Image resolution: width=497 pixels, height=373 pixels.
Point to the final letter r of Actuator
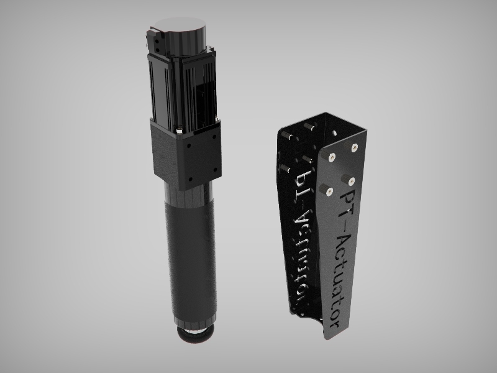click(334, 323)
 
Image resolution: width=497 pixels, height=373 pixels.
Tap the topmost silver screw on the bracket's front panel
click(354, 147)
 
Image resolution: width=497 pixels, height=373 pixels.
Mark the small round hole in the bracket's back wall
click(339, 132)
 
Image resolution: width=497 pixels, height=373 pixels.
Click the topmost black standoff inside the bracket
click(308, 127)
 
